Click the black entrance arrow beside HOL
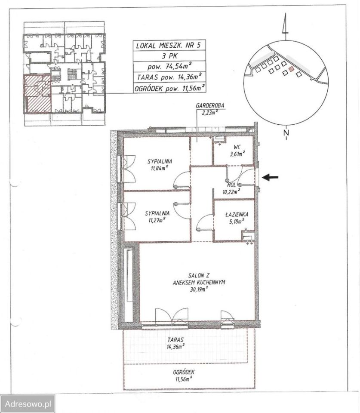pos(270,178)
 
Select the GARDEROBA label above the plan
pos(210,106)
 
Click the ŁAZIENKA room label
pos(237,215)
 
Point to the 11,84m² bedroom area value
pos(160,168)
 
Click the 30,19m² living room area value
pos(199,290)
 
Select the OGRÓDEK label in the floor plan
pos(184,373)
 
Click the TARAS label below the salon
pos(175,340)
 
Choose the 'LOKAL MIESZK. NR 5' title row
pos(168,46)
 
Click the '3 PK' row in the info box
pos(169,56)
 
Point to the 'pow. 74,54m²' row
pos(169,66)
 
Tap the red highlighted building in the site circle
pos(291,69)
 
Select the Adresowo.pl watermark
pos(28,404)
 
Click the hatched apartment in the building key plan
pos(37,94)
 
